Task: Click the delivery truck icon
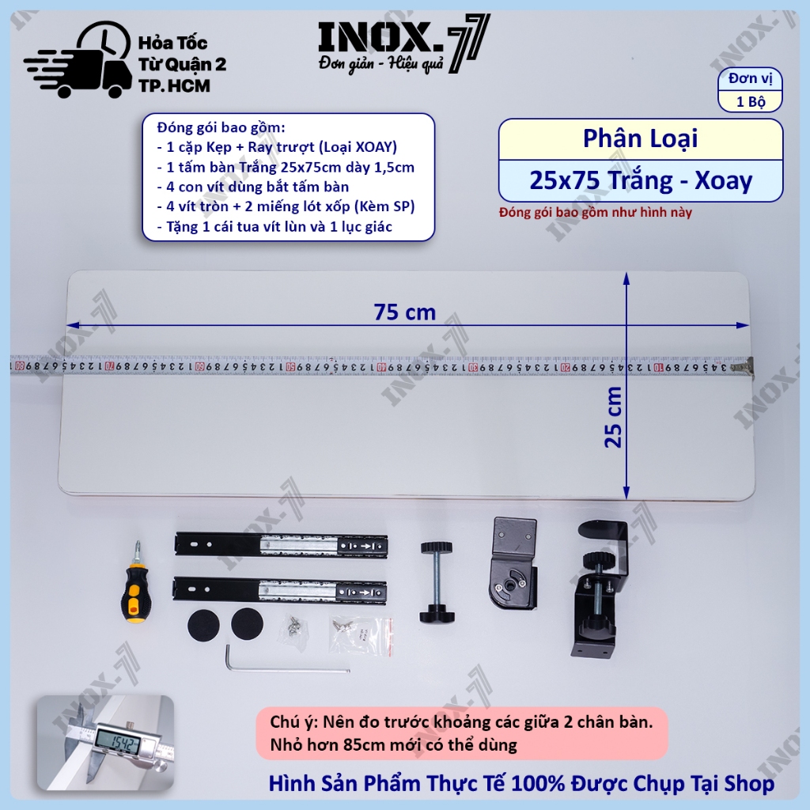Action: click(x=78, y=60)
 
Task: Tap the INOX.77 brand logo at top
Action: click(x=403, y=44)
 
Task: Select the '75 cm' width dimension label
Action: click(x=405, y=312)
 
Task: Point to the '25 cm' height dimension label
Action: click(x=613, y=417)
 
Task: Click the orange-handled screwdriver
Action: click(x=136, y=583)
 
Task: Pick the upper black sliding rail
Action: click(x=281, y=546)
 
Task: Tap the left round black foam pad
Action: click(x=203, y=625)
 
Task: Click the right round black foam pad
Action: click(x=247, y=623)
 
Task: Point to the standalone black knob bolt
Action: click(x=437, y=581)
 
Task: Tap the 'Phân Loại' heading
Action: click(x=640, y=138)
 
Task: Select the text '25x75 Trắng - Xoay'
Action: click(x=641, y=180)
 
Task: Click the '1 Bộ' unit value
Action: click(x=751, y=101)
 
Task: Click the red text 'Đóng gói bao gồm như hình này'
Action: click(x=595, y=212)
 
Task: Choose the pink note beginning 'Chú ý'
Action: click(x=462, y=733)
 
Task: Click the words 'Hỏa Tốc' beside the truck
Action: click(x=172, y=43)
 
